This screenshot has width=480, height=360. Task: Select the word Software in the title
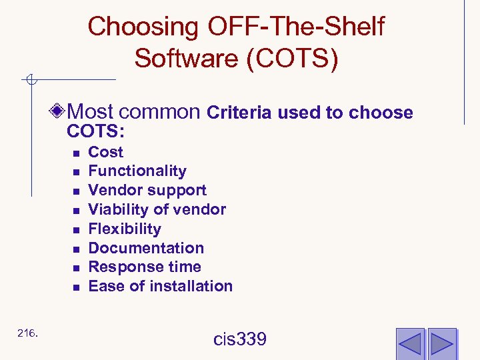click(x=187, y=58)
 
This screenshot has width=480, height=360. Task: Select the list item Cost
click(x=105, y=152)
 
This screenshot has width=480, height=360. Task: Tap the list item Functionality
click(x=137, y=171)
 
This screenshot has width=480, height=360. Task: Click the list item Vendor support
click(x=147, y=191)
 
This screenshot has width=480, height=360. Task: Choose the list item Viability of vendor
click(x=157, y=209)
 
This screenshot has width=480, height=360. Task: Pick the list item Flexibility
click(x=125, y=229)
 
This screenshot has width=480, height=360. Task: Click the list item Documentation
click(x=146, y=248)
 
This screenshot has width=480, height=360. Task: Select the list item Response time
click(x=145, y=267)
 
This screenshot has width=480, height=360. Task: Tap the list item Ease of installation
click(x=160, y=286)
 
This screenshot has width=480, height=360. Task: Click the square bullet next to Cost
click(x=77, y=153)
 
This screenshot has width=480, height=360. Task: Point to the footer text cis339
click(x=240, y=339)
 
